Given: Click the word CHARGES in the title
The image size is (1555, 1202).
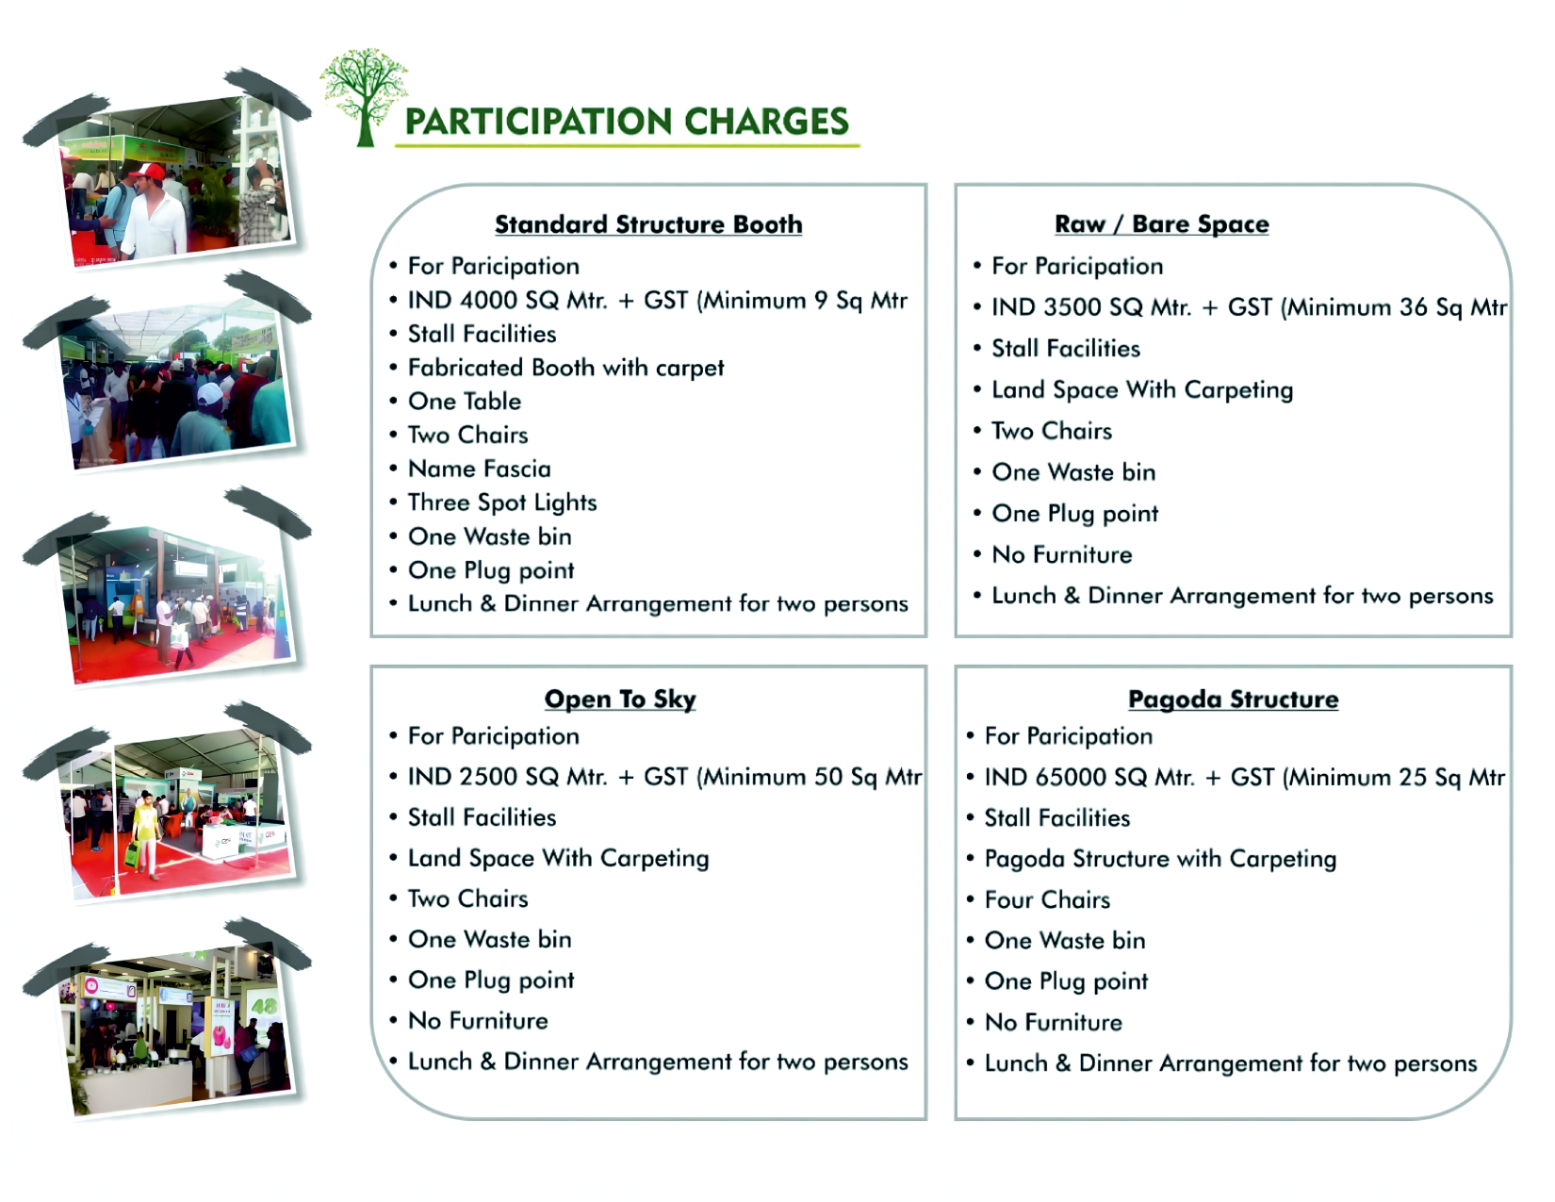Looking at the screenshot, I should click(766, 122).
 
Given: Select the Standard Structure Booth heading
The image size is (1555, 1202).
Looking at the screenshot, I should click(648, 224).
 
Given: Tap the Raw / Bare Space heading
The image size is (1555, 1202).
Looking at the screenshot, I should click(1161, 224).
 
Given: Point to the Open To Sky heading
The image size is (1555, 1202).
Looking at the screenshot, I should click(620, 700).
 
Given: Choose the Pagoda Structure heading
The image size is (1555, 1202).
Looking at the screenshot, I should click(1233, 700).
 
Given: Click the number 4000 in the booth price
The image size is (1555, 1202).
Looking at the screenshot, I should click(489, 301).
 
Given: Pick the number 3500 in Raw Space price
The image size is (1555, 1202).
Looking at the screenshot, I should click(1073, 307).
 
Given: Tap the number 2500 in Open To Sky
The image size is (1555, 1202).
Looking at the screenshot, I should click(489, 777).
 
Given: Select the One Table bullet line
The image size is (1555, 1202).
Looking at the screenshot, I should click(464, 402).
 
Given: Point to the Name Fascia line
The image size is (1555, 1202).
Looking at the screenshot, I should click(479, 469).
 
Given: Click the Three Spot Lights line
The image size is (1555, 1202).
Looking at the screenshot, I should click(502, 502).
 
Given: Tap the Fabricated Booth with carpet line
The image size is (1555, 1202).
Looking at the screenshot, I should click(565, 368).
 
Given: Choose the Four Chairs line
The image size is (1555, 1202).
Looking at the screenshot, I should click(1047, 900).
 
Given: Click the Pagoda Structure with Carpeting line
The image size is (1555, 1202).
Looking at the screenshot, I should click(1160, 859).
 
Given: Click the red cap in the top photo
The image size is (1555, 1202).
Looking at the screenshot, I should click(151, 172).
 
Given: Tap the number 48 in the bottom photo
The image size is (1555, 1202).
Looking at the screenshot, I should click(264, 1006).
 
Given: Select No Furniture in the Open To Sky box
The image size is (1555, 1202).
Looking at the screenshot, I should click(478, 1021).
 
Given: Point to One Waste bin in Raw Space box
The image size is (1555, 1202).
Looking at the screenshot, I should click(1073, 472).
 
